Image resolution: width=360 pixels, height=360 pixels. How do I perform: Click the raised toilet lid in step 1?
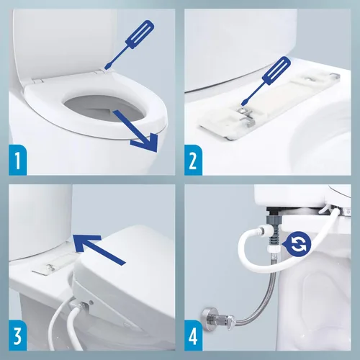[50, 36]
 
